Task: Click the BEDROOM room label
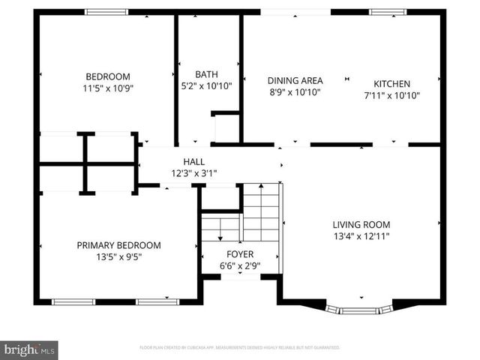(108, 76)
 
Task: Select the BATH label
(207, 74)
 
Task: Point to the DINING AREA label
(295, 81)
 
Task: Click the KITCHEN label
(392, 84)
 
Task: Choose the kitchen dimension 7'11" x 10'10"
(392, 95)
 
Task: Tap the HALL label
(193, 161)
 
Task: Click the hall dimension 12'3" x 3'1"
(193, 172)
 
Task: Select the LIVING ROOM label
(361, 224)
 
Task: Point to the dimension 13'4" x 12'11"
(361, 235)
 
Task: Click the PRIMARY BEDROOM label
(119, 245)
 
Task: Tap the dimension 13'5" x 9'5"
(119, 256)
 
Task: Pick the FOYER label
(241, 254)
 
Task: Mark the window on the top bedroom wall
(106, 12)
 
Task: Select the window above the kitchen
(389, 12)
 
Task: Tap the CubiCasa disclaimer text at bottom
(240, 348)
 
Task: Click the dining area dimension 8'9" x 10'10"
(295, 92)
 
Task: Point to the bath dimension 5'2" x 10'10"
(207, 85)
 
